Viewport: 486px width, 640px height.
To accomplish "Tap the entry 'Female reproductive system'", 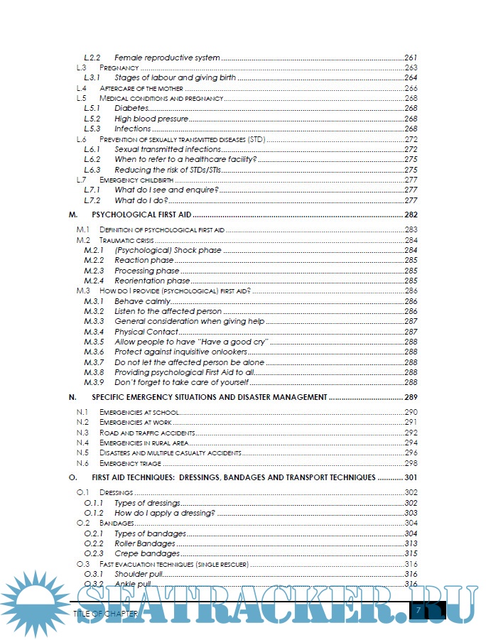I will point(167,57).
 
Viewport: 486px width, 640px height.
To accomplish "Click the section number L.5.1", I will point(92,108).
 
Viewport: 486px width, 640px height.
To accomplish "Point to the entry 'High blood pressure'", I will point(151,119).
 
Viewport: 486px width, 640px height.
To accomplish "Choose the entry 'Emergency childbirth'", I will point(136,180).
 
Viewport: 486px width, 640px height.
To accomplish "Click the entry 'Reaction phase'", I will point(144,261).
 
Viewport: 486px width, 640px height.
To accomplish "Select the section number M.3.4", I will point(94,332).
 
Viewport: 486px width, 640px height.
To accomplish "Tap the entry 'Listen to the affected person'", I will point(168,311).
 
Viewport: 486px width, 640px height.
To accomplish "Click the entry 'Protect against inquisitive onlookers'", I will point(180,352).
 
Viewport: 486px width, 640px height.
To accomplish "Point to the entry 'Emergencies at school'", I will point(139,412).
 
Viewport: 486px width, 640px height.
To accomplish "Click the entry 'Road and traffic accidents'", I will point(147,433).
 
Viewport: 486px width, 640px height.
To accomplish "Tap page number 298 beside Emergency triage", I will point(411,463).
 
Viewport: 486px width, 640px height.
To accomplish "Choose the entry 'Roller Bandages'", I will point(145,543).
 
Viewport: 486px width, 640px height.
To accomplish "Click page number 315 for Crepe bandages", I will point(411,553).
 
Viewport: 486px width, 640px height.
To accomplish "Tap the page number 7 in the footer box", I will point(419,610).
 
